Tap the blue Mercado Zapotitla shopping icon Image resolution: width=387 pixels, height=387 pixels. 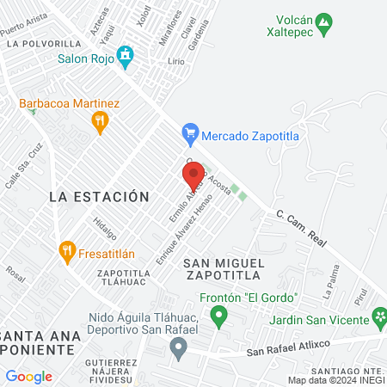pyautogui.click(x=190, y=134)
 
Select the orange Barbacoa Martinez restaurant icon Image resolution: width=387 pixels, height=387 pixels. pyautogui.click(x=101, y=122)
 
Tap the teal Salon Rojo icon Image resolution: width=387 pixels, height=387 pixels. pyautogui.click(x=126, y=57)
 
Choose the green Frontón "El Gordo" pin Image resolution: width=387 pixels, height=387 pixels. pyautogui.click(x=218, y=316)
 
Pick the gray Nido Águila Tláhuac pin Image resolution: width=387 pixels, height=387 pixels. pyautogui.click(x=178, y=349)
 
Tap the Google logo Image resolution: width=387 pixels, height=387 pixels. pyautogui.click(x=28, y=376)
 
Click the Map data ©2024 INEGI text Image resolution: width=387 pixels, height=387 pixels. pyautogui.click(x=335, y=380)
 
